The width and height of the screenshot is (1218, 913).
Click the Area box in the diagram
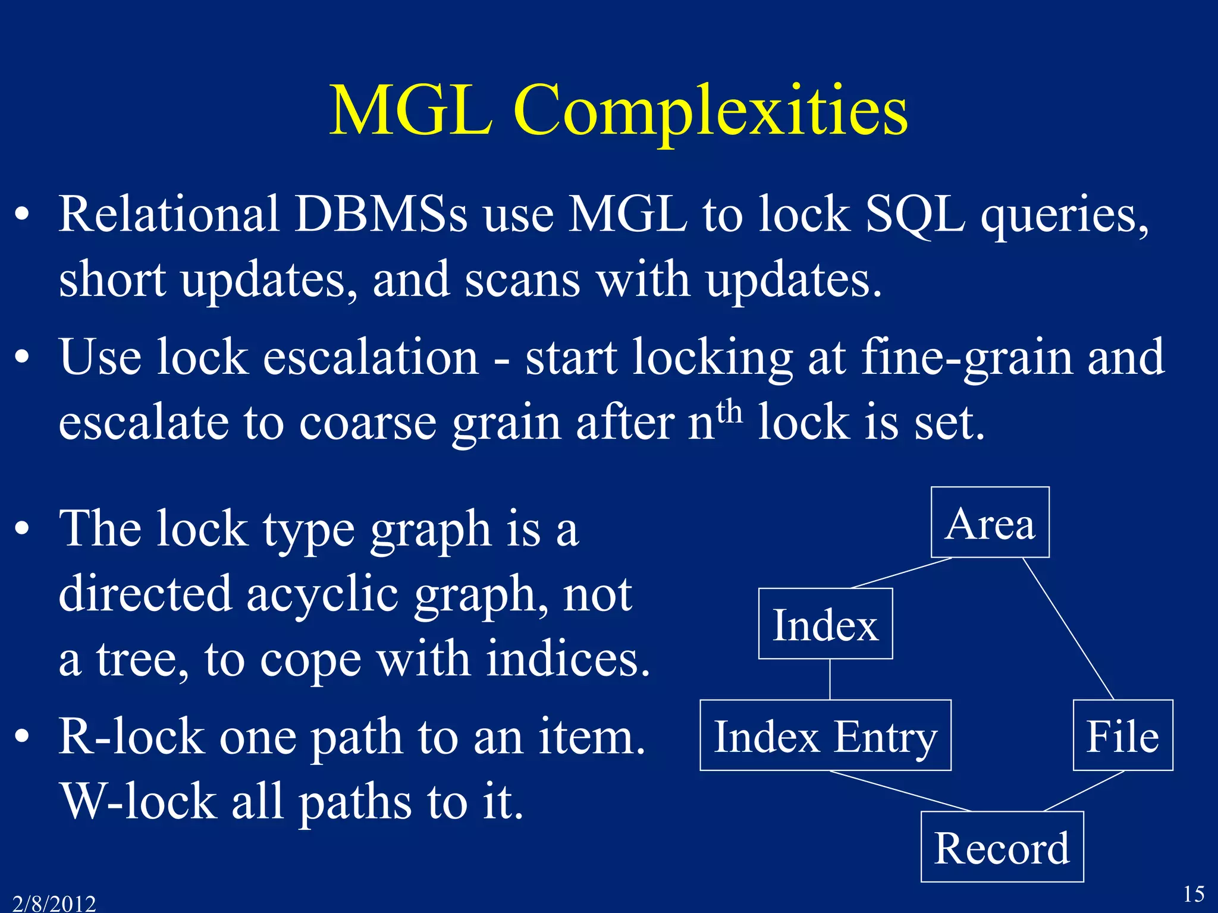[x=990, y=522]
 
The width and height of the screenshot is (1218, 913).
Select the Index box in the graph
[x=825, y=624]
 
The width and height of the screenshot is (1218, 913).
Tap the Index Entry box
[x=825, y=735]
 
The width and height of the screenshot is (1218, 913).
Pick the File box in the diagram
[x=1122, y=735]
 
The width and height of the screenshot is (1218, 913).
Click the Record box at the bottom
[x=1002, y=847]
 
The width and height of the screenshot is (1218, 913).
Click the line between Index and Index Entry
[x=830, y=679]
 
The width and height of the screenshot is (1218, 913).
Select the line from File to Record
[x=1084, y=791]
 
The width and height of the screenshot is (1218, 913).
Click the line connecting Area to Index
[x=902, y=573]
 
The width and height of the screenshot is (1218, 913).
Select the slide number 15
[x=1193, y=894]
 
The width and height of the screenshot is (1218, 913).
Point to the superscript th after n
[x=729, y=411]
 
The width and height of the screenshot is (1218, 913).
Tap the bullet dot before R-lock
[x=22, y=737]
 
